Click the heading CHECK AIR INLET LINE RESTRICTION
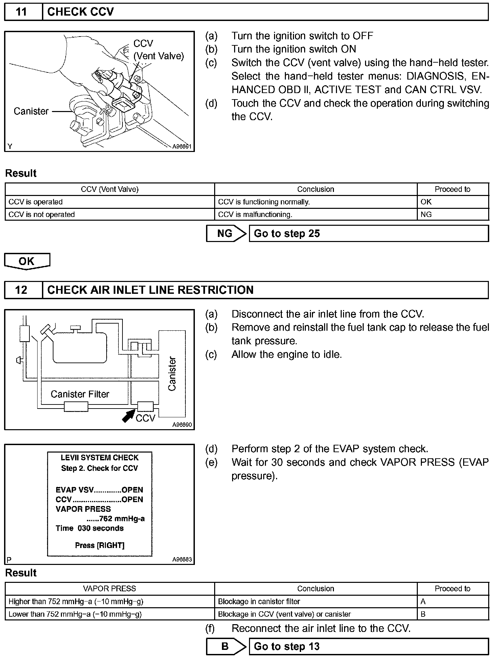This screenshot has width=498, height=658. [x=150, y=290]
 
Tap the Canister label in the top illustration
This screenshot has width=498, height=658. [x=31, y=111]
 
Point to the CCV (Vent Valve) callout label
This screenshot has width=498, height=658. [x=158, y=50]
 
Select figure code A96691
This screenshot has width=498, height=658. [x=182, y=147]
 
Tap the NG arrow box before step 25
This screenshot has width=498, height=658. [x=226, y=234]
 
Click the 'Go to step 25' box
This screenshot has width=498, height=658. [x=368, y=234]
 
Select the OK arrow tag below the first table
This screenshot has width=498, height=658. [x=27, y=261]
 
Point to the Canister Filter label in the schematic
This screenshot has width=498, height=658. [x=80, y=394]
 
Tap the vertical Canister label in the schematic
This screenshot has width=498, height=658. [x=172, y=374]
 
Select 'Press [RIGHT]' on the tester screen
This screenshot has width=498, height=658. [x=99, y=545]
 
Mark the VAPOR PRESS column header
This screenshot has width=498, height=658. [x=110, y=589]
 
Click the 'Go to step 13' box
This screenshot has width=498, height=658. [x=368, y=646]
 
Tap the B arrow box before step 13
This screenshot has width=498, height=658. [x=226, y=646]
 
